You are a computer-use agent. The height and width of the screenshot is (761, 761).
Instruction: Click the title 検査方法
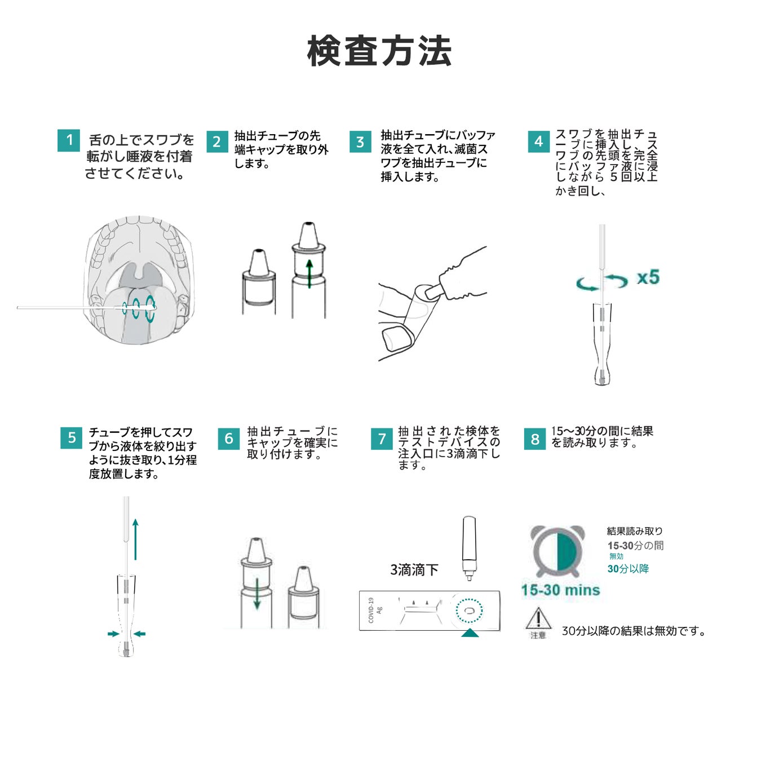pyautogui.click(x=379, y=51)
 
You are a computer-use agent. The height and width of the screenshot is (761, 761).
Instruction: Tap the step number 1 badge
pyautogui.click(x=69, y=140)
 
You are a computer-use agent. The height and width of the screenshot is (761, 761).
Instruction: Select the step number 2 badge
pyautogui.click(x=217, y=141)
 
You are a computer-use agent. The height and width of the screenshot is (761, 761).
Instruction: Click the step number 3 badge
pyautogui.click(x=360, y=141)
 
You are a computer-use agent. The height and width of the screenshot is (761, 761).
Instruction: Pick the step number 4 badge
pyautogui.click(x=539, y=141)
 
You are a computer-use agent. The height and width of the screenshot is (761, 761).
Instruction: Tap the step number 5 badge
pyautogui.click(x=72, y=438)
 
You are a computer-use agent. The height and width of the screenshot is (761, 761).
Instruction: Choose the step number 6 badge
pyautogui.click(x=229, y=439)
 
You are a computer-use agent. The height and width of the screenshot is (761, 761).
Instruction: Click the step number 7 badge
pyautogui.click(x=382, y=439)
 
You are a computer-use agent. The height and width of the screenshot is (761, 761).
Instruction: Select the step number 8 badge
pyautogui.click(x=535, y=439)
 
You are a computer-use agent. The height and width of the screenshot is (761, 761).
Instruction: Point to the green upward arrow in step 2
pyautogui.click(x=309, y=273)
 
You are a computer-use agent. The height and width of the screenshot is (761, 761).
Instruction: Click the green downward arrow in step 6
pyautogui.click(x=257, y=594)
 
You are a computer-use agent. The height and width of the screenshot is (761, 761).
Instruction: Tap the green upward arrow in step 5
pyautogui.click(x=135, y=539)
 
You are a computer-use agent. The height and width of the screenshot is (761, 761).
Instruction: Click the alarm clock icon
pyautogui.click(x=558, y=551)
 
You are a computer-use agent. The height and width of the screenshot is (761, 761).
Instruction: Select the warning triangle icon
pyautogui.click(x=538, y=618)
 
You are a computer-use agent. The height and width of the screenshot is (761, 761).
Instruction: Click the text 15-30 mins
pyautogui.click(x=561, y=590)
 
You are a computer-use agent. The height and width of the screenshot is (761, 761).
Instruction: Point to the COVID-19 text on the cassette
pyautogui.click(x=371, y=610)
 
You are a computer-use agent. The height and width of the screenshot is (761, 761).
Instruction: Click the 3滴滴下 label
pyautogui.click(x=414, y=569)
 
